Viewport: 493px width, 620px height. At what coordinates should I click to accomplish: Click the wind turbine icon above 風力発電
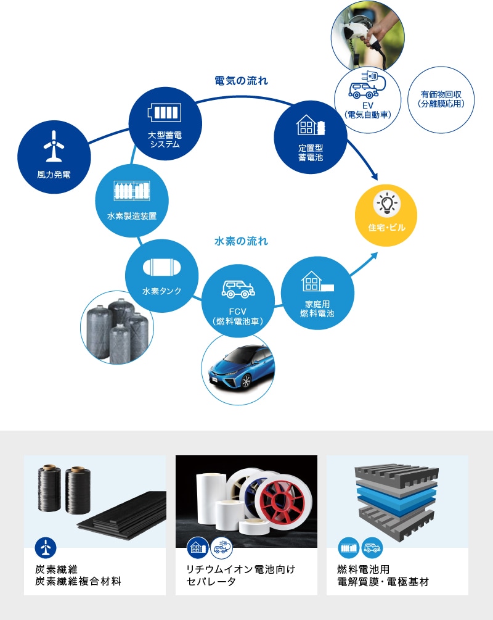[54, 146]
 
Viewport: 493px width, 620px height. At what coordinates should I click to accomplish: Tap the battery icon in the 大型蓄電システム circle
[165, 113]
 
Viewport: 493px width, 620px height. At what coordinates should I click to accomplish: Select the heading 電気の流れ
[242, 81]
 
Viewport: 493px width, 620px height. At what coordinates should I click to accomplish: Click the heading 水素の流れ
[242, 241]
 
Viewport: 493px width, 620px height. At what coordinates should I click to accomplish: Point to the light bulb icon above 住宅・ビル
[386, 204]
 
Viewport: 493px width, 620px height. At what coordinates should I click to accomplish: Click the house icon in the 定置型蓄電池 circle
[311, 125]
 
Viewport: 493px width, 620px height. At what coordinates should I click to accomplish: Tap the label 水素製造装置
[132, 216]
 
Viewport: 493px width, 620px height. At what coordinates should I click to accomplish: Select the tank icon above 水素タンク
[161, 267]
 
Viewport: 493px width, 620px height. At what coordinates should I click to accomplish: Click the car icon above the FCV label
[238, 289]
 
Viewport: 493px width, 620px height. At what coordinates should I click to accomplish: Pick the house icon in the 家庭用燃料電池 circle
[317, 281]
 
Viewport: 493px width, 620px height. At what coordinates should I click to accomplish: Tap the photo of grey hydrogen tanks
[117, 328]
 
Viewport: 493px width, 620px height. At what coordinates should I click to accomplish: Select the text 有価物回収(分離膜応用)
[441, 99]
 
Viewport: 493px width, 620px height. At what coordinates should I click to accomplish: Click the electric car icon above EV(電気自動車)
[367, 85]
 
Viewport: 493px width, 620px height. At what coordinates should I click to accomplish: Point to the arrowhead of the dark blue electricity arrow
[373, 176]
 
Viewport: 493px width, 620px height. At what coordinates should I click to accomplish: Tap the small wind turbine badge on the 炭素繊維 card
[46, 548]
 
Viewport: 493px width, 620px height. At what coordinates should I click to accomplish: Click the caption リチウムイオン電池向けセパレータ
[240, 576]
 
